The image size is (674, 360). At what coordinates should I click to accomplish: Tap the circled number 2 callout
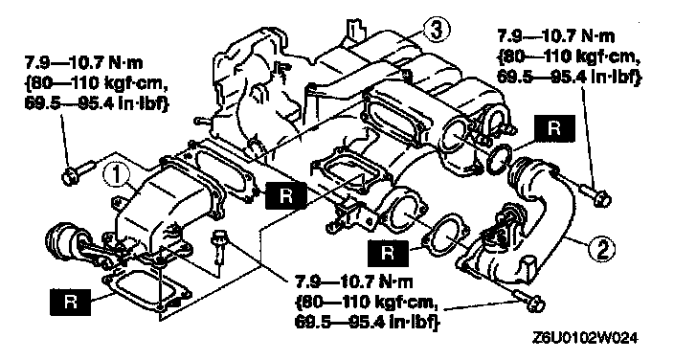[601, 248]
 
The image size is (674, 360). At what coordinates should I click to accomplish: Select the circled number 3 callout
[436, 31]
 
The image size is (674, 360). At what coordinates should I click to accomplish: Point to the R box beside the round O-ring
[554, 128]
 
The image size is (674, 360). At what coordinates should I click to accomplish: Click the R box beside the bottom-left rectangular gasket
[70, 303]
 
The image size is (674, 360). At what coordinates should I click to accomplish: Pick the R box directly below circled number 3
[286, 195]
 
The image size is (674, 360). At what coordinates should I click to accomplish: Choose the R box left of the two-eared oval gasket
[388, 253]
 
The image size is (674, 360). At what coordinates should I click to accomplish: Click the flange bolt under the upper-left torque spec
[78, 171]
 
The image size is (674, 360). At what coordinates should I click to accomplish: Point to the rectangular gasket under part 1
[147, 293]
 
